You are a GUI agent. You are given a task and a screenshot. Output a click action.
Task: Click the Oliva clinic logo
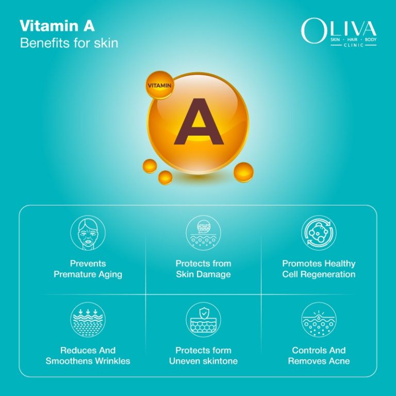click(x=338, y=32)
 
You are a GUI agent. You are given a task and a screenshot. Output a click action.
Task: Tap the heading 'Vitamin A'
click(x=57, y=26)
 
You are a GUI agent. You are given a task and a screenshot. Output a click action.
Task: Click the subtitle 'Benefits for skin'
click(x=69, y=43)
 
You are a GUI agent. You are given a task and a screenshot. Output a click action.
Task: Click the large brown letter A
click(x=198, y=122)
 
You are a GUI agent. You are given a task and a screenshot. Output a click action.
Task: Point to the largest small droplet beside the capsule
click(x=243, y=172)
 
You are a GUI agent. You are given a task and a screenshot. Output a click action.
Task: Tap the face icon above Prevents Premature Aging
click(x=88, y=233)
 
